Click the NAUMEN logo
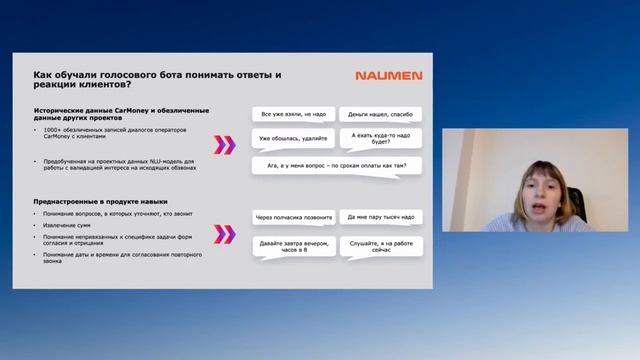click(389, 75)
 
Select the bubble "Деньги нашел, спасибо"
click(379, 115)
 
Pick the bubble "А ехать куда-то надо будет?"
click(379, 138)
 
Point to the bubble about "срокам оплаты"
click(335, 164)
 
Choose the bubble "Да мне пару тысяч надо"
click(379, 216)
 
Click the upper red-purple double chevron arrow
click(226, 145)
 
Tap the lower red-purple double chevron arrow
click(226, 235)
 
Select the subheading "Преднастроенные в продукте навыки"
click(94, 202)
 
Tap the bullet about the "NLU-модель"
click(120, 163)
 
